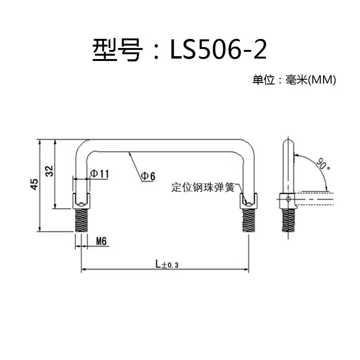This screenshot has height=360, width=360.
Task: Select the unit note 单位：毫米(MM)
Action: [x=294, y=80]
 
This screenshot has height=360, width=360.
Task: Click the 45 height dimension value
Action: [x=34, y=184]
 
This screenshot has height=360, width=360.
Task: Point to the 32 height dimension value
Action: [x=49, y=171]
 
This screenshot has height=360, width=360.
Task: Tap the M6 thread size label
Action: [x=101, y=241]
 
